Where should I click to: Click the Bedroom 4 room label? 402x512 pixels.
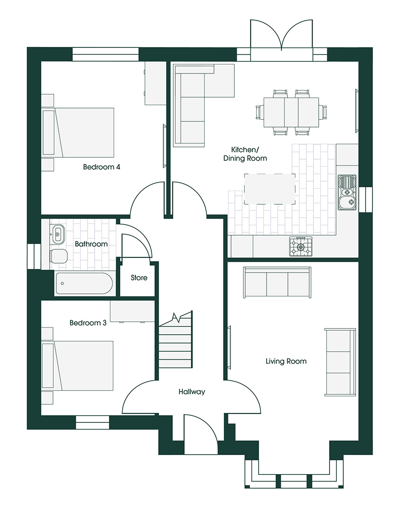101,167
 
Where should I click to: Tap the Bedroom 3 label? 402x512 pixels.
88,323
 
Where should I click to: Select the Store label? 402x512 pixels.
139,278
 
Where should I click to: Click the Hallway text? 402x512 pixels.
192,392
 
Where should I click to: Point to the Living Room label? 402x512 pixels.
286,361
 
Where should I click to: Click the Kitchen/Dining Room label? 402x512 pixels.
245,153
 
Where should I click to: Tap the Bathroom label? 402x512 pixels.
91,244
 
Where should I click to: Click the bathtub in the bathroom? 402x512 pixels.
84,283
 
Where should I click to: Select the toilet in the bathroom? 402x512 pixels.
59,256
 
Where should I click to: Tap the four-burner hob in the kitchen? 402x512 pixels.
301,247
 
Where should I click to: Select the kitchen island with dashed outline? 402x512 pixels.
269,189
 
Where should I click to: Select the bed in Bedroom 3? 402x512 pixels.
78,366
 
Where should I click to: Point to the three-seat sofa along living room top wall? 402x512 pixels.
277,283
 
